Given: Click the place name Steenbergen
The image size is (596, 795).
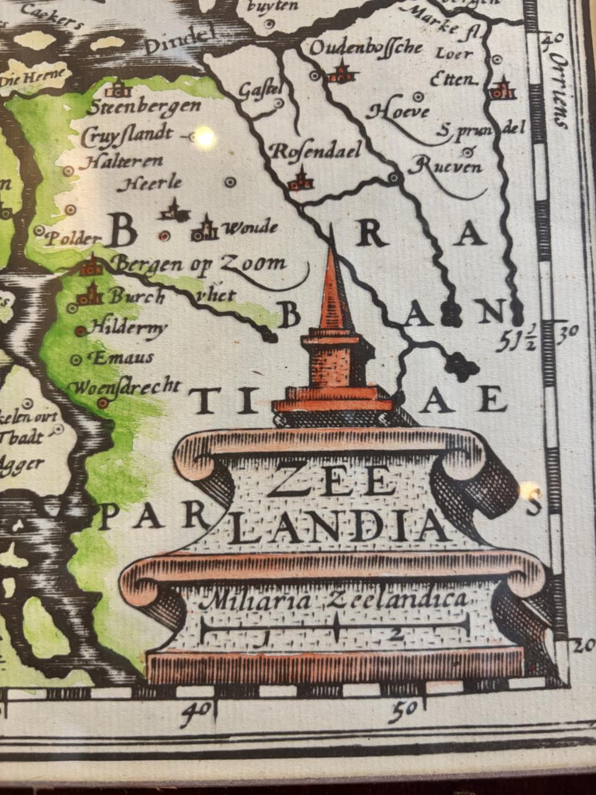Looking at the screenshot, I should click(x=143, y=107).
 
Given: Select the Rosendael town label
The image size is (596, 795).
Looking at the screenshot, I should click(x=316, y=151).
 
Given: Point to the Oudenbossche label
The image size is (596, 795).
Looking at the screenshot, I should click(x=366, y=48).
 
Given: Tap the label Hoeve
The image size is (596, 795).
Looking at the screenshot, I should click(x=398, y=112).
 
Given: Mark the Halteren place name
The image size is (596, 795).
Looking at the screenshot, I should click(x=122, y=161).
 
